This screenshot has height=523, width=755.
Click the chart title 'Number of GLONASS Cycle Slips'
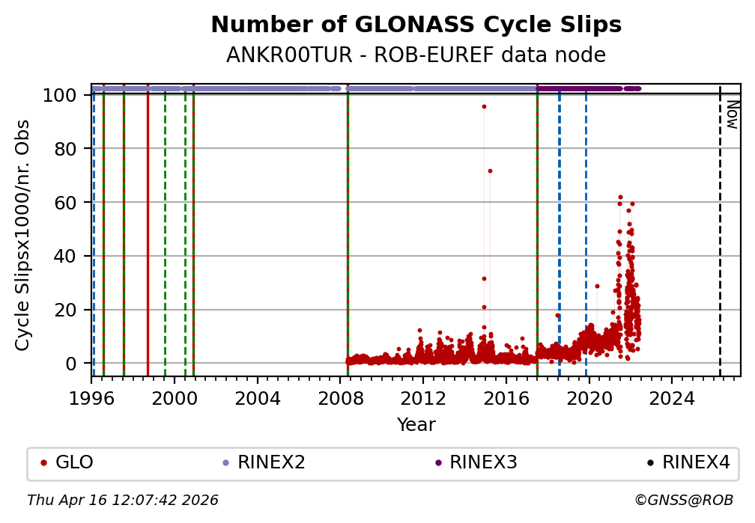[416, 25]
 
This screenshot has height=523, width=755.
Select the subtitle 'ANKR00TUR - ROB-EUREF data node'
[416, 55]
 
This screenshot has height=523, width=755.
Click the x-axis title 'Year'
[416, 425]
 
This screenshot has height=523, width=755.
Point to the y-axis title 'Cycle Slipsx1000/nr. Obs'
[23, 234]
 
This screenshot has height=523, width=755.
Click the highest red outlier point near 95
[484, 106]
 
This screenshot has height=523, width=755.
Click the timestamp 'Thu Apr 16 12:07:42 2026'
[123, 500]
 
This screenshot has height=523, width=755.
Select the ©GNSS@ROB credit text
[684, 500]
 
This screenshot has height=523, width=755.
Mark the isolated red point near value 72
[490, 171]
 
